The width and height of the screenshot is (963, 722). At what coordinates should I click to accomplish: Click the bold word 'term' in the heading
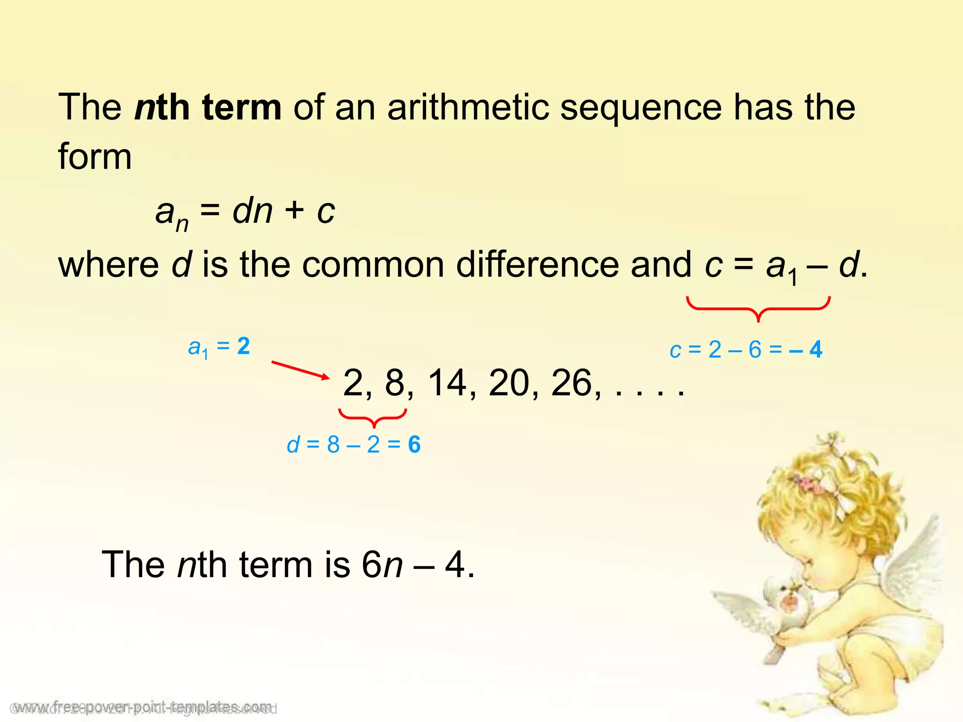(x=242, y=108)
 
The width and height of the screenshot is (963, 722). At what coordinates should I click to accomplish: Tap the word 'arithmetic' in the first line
(x=468, y=108)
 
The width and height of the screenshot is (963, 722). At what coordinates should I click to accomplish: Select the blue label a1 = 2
(x=219, y=347)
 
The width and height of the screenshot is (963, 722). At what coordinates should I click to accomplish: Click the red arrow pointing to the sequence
(x=300, y=369)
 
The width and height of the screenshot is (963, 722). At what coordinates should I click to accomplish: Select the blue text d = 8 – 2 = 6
(x=354, y=445)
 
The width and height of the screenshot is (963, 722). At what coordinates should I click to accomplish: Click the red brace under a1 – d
(x=758, y=308)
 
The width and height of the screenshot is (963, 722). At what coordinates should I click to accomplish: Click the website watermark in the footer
(x=143, y=706)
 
